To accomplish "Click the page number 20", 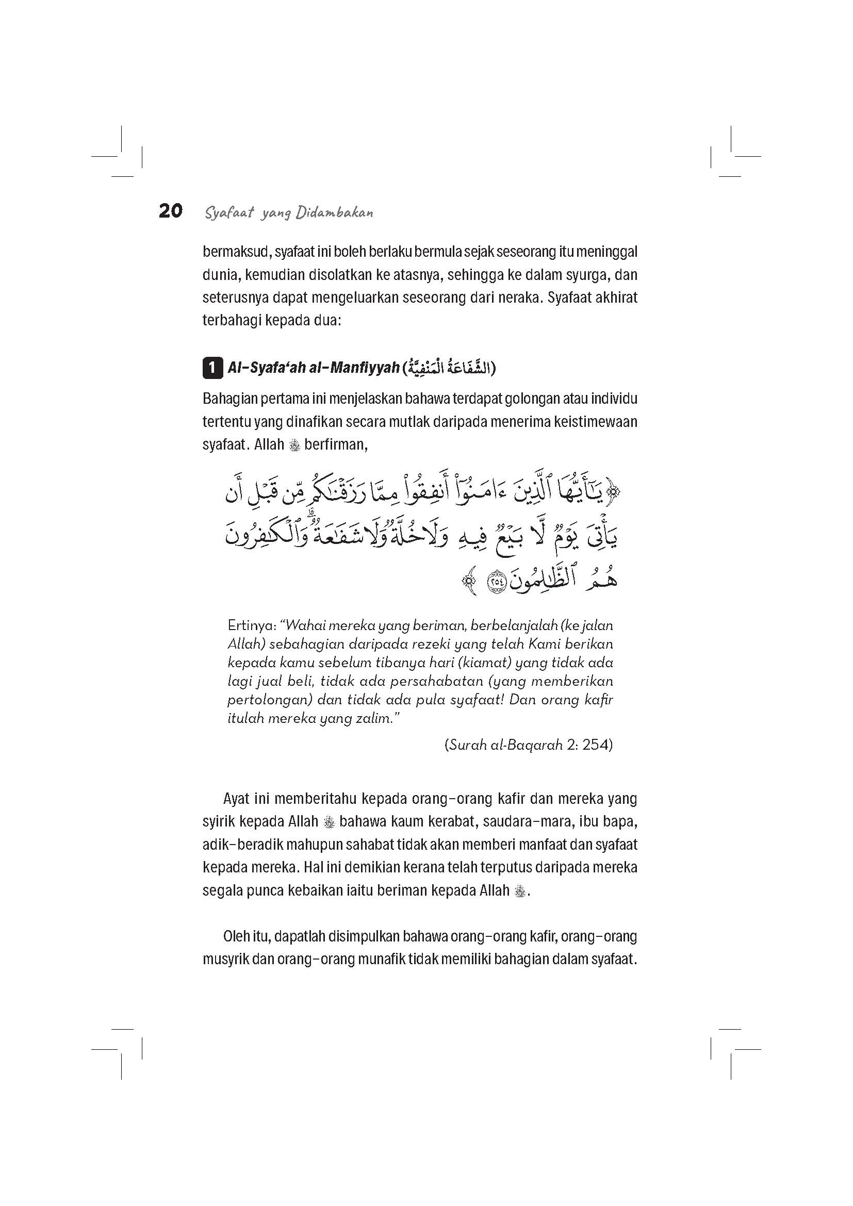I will [x=170, y=211].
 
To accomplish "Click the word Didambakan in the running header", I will [x=334, y=213].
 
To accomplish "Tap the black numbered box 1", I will [x=211, y=368].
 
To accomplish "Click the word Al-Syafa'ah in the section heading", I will [x=271, y=368].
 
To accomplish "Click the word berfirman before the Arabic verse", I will [x=335, y=445].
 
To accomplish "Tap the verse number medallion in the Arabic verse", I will [x=495, y=582].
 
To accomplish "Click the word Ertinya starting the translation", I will [x=252, y=626].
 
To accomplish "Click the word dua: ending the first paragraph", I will [x=328, y=320].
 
